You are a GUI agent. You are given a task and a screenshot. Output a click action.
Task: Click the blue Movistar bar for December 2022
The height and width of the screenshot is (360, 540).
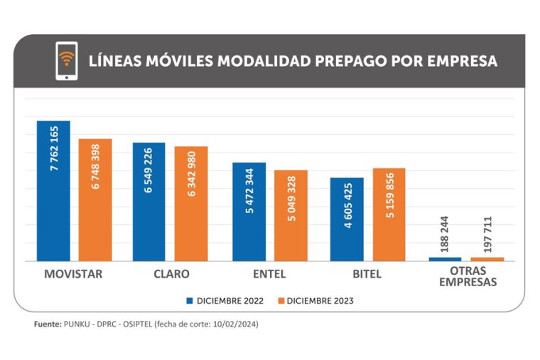[x=53, y=190]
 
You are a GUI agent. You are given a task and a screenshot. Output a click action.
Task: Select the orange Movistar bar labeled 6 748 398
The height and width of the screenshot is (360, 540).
[x=95, y=200]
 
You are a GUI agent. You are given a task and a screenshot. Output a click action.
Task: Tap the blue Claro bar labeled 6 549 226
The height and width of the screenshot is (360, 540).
[x=148, y=202]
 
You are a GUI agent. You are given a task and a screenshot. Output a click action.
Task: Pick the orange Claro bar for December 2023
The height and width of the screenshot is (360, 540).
[x=191, y=203]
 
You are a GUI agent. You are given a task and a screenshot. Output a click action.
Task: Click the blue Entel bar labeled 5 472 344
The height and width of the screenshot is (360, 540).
[x=249, y=212]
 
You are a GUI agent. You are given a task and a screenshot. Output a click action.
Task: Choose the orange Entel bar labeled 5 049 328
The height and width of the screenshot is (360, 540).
[x=291, y=215]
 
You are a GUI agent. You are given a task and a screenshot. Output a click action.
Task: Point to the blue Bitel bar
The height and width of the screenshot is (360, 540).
[x=347, y=219]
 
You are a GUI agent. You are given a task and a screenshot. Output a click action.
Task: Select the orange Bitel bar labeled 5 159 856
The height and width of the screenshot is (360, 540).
[x=389, y=214]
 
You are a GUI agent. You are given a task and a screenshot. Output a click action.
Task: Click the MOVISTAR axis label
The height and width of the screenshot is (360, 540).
[x=73, y=274]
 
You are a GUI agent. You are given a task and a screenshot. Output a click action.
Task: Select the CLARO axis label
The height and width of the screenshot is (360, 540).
[x=171, y=274]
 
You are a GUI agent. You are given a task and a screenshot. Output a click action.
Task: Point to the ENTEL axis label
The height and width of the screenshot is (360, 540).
[x=270, y=274]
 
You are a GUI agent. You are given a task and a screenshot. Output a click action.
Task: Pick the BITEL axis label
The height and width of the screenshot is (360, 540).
[x=367, y=274]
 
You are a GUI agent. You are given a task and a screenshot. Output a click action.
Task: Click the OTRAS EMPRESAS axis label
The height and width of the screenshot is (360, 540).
[x=467, y=277]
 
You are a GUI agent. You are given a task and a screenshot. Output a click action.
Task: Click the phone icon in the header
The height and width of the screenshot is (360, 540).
[x=66, y=60]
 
